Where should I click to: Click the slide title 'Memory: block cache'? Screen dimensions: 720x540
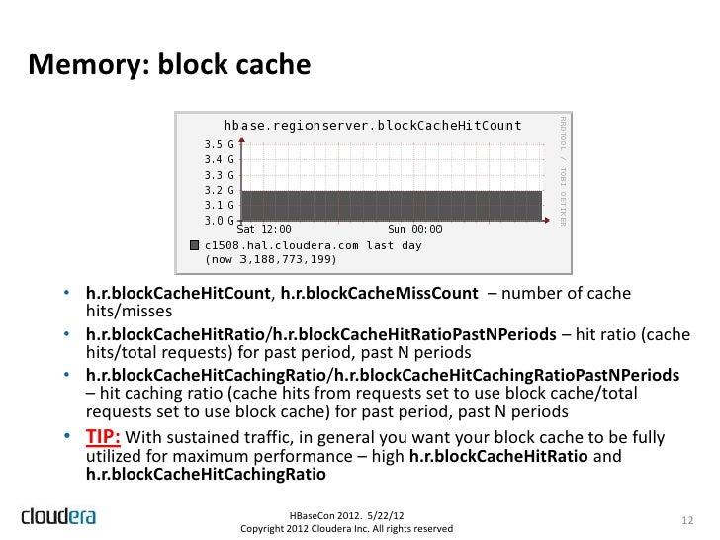coord(169,65)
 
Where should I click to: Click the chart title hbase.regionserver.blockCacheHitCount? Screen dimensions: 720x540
coord(372,126)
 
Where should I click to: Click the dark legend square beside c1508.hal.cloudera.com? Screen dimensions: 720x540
coord(194,245)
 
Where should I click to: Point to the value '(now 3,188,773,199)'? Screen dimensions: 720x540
coord(270,260)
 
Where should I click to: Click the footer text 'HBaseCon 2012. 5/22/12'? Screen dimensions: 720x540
coord(346,515)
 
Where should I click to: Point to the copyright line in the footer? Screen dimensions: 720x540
coord(346,529)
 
